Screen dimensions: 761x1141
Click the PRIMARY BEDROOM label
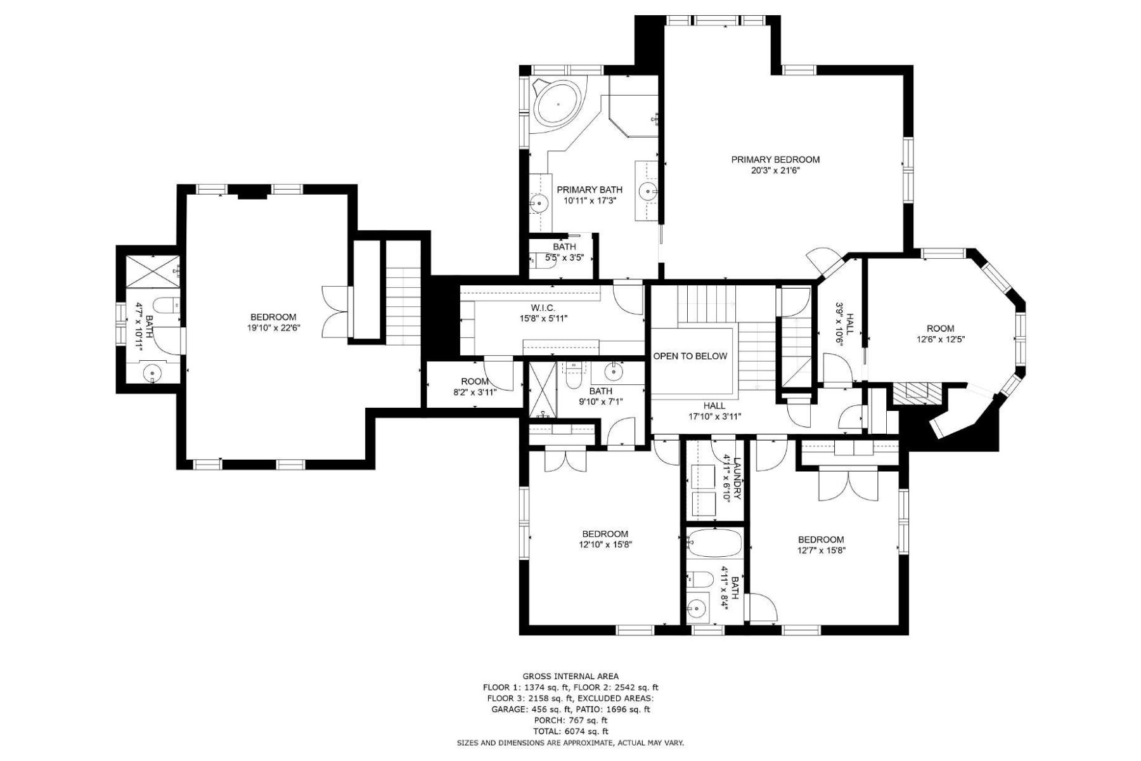(x=775, y=160)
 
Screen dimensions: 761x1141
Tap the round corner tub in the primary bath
(x=558, y=104)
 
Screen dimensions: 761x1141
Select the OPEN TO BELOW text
(x=690, y=356)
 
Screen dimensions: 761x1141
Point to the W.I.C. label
(x=543, y=307)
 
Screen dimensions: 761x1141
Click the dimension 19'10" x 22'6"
(x=273, y=328)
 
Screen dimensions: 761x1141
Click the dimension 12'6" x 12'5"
(x=940, y=339)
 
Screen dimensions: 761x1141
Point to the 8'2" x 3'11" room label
(x=475, y=382)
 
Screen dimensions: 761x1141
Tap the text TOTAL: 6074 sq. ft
(x=570, y=731)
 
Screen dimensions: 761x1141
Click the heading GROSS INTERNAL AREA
(x=570, y=677)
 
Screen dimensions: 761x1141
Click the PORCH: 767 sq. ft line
(x=570, y=720)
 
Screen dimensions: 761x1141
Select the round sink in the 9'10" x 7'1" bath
(x=614, y=370)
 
